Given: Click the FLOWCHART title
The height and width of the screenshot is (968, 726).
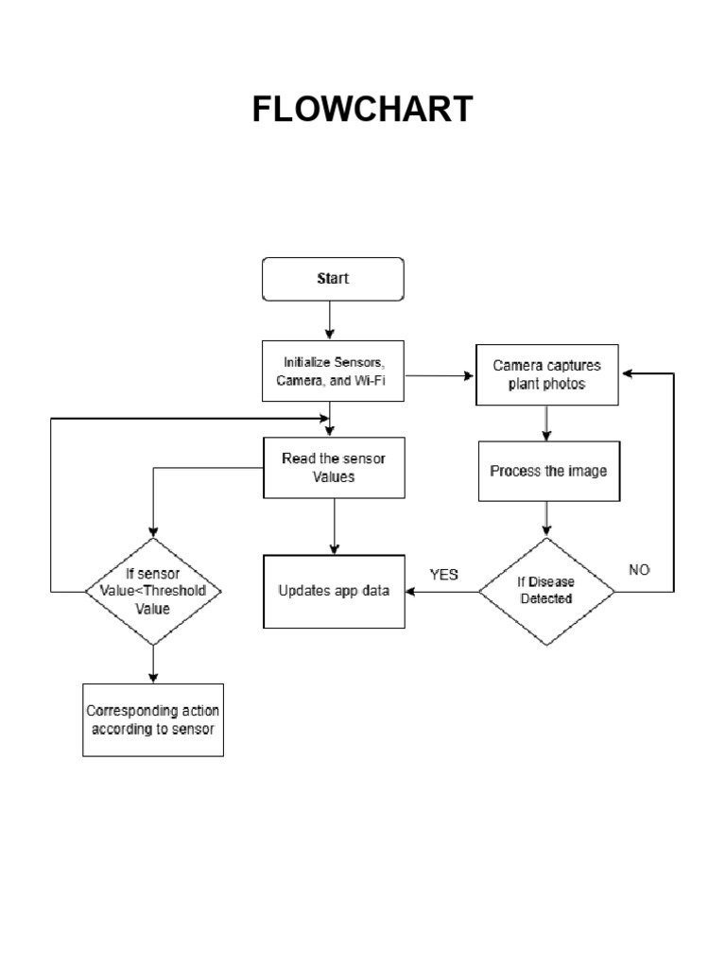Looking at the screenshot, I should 362,111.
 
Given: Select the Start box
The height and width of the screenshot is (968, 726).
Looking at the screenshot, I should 332,279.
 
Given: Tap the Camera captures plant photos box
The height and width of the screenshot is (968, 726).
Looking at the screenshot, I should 547,374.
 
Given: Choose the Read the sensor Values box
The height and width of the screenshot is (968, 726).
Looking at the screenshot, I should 333,468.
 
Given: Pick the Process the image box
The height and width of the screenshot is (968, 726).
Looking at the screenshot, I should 548,471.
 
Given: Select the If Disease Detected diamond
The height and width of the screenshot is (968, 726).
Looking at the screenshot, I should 546,592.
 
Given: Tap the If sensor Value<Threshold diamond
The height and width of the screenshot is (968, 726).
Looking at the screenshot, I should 152,592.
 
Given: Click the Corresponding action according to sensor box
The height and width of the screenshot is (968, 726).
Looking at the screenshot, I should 153,719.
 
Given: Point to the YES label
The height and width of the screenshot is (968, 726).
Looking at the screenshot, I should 443,575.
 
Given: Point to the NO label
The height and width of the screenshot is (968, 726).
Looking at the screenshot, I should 639,570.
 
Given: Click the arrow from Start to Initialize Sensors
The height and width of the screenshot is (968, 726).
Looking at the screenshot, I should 329,321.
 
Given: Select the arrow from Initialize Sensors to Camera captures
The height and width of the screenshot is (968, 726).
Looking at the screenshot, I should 441,375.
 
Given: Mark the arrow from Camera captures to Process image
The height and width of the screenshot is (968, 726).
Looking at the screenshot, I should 546,423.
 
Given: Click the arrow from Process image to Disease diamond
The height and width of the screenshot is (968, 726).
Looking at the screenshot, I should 546,520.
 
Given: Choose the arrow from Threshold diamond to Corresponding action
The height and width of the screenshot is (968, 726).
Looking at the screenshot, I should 152,664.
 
